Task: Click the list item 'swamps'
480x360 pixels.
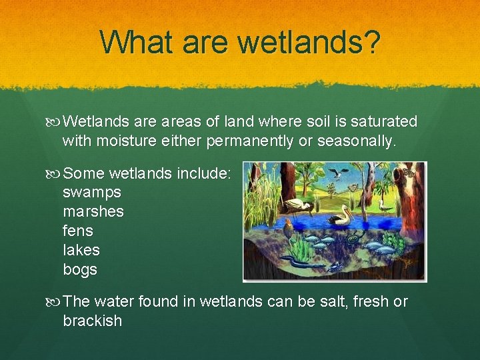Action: click(92, 193)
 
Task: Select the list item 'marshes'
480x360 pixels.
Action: click(93, 212)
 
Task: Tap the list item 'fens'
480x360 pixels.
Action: click(78, 231)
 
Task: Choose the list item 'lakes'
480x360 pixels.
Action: click(81, 251)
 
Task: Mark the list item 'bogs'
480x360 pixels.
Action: click(80, 270)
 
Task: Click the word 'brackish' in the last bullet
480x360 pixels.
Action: click(93, 321)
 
